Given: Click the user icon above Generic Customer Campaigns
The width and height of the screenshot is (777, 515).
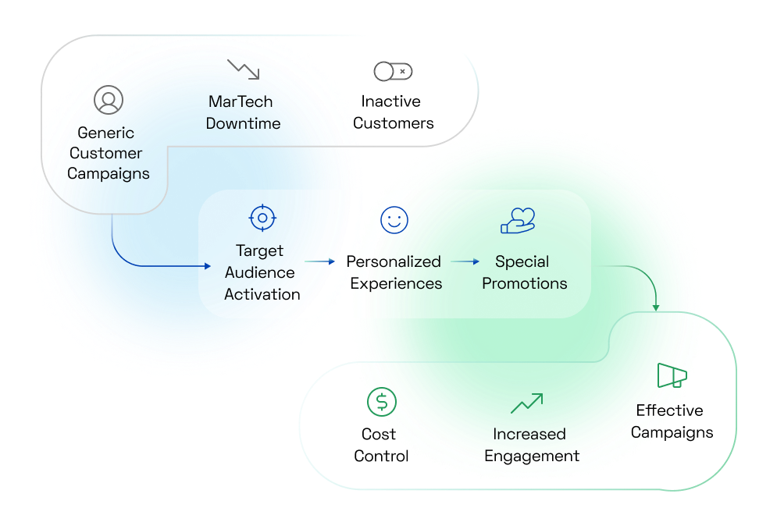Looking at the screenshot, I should point(109,100).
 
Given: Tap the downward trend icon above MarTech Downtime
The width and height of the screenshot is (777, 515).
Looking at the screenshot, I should point(243,69).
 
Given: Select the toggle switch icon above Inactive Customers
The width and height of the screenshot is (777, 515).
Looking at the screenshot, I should point(393,72).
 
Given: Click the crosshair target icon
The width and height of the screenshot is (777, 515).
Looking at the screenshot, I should point(262,218).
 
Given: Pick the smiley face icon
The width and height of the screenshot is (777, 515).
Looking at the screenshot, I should point(394,220).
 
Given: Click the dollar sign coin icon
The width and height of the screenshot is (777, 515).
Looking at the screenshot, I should point(381,402).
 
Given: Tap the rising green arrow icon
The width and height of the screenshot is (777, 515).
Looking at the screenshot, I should point(526,403).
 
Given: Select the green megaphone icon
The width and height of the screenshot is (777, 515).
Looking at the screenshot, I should point(672,376).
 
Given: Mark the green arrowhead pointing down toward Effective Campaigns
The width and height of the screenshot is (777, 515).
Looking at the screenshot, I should point(656,307).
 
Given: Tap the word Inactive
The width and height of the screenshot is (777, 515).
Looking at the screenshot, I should point(390,101).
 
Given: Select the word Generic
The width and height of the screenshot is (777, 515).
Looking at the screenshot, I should point(105,133).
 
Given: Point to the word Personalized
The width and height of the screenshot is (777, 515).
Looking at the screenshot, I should point(394,261).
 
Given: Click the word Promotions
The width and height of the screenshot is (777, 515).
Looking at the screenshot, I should point(524,283).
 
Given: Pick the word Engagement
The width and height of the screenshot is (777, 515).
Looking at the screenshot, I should point(532,456).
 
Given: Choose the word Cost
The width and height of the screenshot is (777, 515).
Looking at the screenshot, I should point(379,434).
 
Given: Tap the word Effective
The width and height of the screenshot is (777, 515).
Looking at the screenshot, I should point(669,410).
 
